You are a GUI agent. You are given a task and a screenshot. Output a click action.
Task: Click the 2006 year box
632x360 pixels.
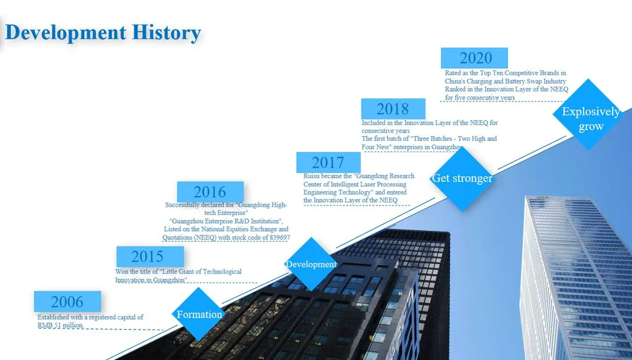click(67, 301)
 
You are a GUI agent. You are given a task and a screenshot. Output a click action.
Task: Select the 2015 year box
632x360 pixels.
click(150, 256)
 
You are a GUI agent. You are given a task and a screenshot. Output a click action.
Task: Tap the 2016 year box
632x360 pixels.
click(210, 192)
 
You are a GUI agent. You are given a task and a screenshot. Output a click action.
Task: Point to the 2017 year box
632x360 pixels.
click(328, 162)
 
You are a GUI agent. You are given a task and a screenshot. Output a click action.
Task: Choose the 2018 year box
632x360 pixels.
click(393, 109)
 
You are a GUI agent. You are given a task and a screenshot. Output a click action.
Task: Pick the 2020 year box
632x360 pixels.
click(474, 58)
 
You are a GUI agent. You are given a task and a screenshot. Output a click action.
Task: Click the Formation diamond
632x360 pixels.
click(199, 314)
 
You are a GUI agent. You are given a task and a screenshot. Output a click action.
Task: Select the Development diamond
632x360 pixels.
click(311, 264)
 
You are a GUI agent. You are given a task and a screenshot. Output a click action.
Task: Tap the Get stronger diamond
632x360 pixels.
click(463, 178)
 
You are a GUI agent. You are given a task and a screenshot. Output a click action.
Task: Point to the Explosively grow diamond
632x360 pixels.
click(588, 114)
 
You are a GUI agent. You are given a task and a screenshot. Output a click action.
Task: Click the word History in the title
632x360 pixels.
click(167, 33)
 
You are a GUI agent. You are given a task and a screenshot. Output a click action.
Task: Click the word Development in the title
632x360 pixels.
click(66, 33)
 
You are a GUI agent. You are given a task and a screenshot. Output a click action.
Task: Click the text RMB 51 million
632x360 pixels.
click(60, 325)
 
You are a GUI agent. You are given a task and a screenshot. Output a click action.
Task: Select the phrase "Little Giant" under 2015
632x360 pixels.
click(179, 272)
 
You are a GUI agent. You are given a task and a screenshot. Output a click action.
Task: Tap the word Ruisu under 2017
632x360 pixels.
click(312, 176)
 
